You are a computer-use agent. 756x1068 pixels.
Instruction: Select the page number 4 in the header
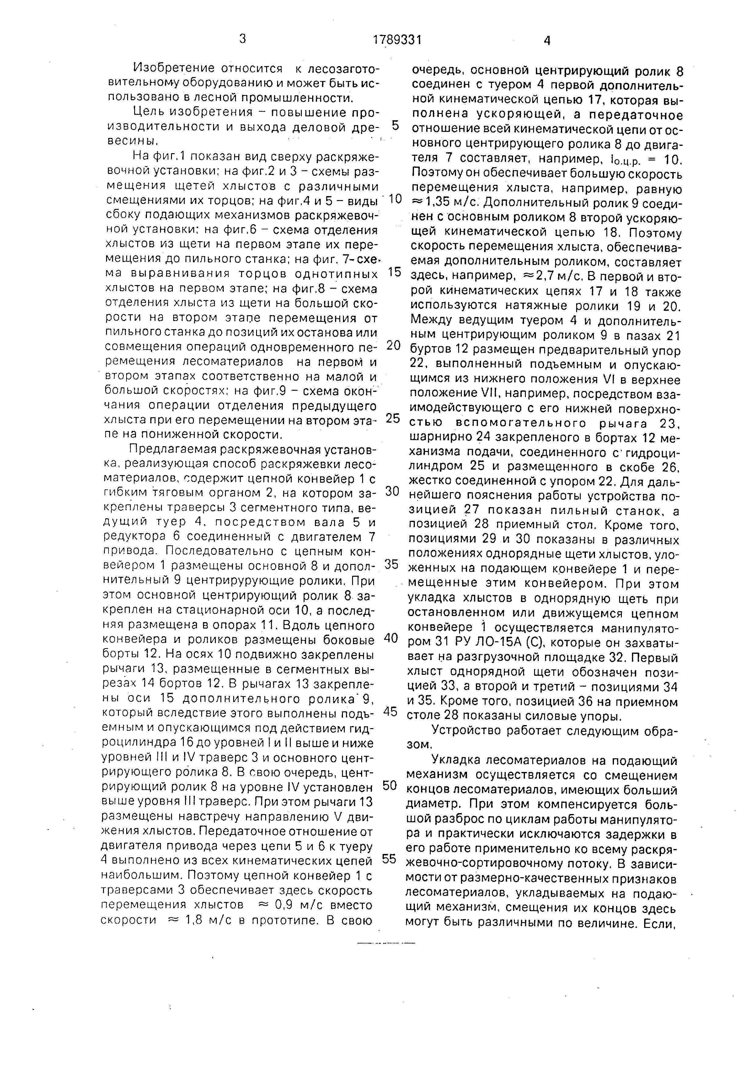click(547, 41)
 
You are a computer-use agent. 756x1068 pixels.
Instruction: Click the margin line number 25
click(393, 418)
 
